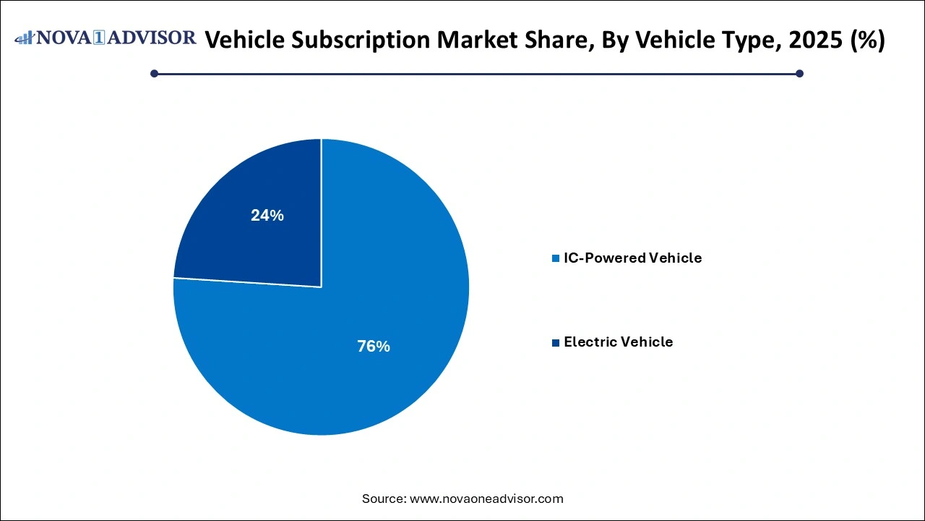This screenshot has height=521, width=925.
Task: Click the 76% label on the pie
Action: (373, 347)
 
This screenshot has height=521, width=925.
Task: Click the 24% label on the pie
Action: (267, 215)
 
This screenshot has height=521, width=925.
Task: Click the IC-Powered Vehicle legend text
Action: (632, 258)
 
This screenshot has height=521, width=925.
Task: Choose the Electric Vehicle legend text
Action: (618, 342)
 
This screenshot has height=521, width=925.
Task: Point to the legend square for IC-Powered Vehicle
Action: (556, 258)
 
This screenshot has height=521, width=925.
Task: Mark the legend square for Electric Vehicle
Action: (556, 342)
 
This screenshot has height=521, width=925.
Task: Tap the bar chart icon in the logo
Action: (25, 38)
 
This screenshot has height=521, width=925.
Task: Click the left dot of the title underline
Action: (154, 73)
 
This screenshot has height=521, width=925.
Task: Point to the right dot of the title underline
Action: (799, 73)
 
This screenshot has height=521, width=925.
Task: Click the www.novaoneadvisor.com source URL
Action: (486, 499)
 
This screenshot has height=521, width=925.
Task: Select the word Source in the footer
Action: (383, 499)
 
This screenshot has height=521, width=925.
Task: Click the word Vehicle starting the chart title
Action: (244, 41)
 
